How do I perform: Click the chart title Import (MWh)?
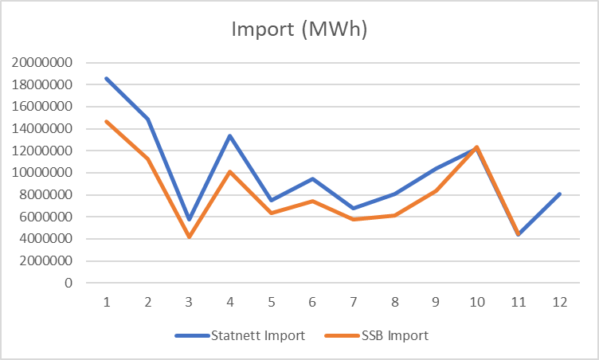pos(299,30)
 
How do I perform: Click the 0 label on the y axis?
pos(69,283)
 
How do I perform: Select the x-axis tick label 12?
pos(558,303)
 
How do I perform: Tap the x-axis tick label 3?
pos(189,303)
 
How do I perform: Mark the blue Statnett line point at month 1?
pos(106,78)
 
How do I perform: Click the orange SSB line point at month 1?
pos(106,121)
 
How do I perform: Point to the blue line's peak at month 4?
pos(230,135)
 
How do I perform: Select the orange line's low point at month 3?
pos(189,237)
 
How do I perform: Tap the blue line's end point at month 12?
pos(558,194)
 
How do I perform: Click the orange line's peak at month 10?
pos(476,147)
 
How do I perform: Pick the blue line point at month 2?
pos(147,119)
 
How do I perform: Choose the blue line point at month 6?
pos(311,178)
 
